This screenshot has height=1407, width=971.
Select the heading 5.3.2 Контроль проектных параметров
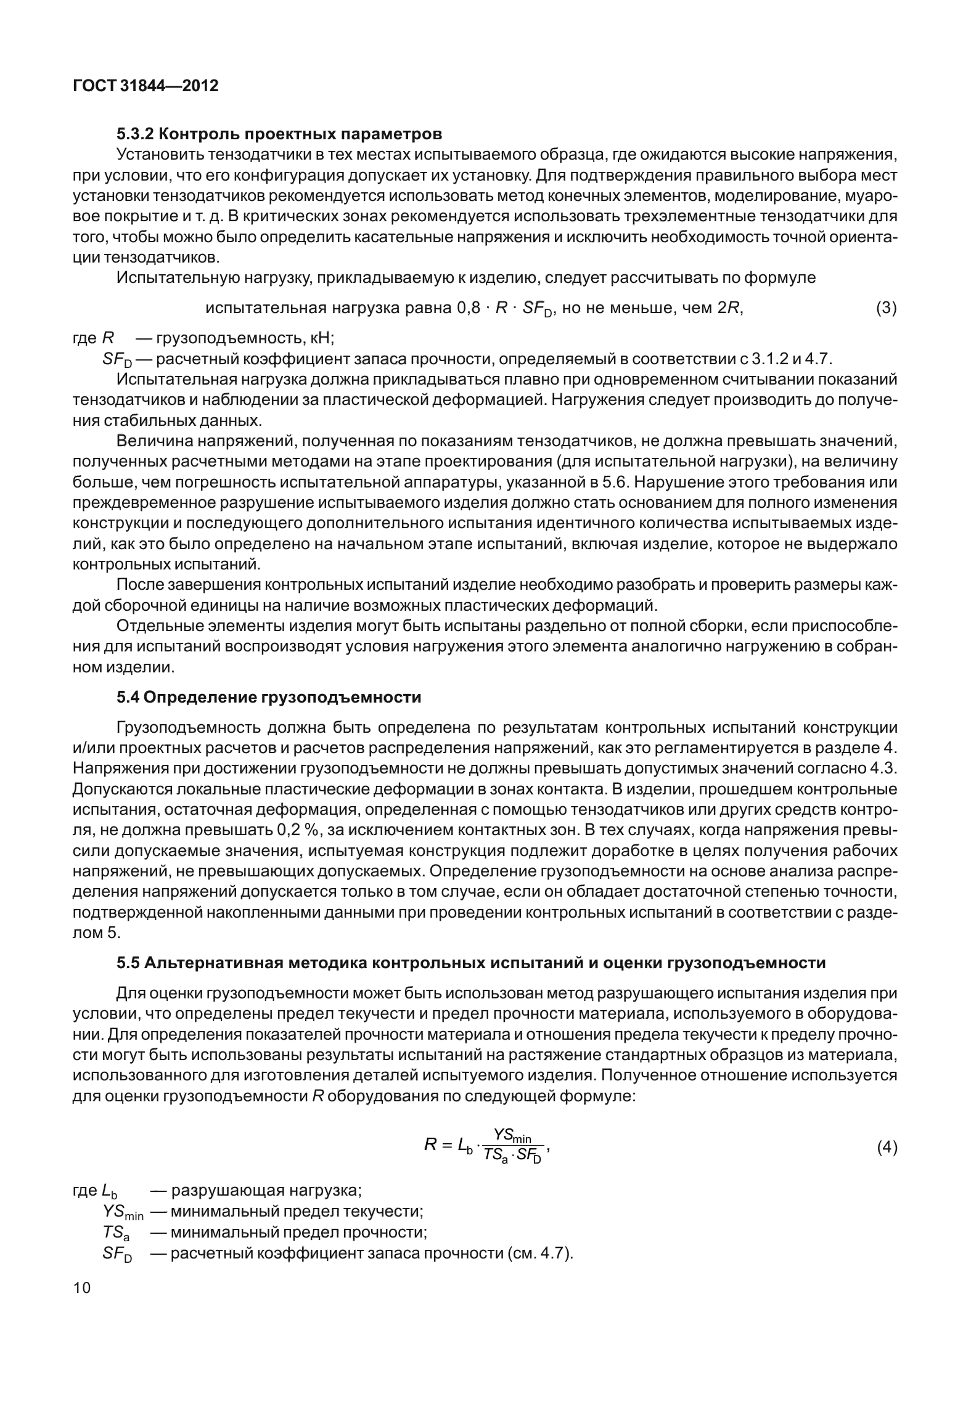tap(279, 133)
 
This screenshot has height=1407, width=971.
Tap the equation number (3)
tap(886, 307)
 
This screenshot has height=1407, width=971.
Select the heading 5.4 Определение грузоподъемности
tap(269, 698)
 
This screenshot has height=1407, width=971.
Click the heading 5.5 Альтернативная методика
tap(471, 963)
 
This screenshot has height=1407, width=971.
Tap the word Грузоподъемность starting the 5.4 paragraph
tap(187, 728)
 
